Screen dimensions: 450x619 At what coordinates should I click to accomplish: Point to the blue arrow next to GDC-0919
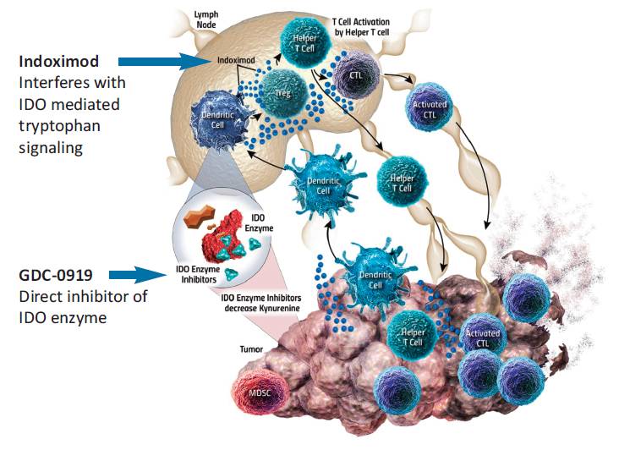tap(140, 274)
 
